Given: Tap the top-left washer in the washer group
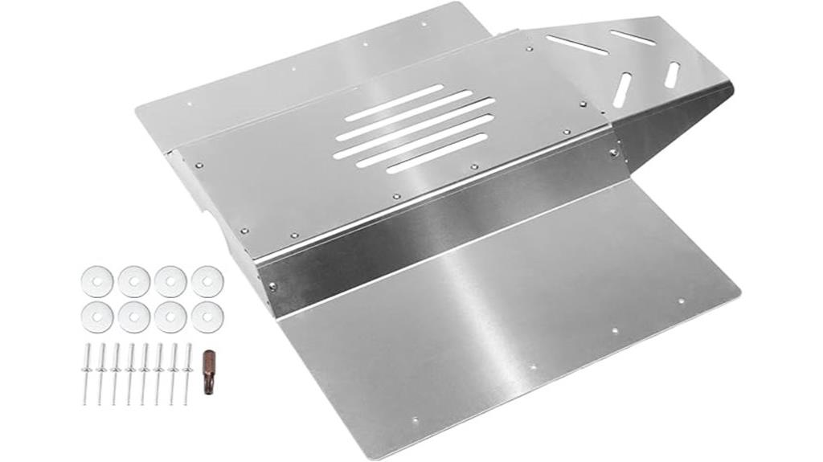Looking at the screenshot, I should (97, 282).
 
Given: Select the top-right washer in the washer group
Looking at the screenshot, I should (207, 282).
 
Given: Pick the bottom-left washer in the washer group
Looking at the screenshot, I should (97, 317).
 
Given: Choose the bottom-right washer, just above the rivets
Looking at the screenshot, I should (207, 317).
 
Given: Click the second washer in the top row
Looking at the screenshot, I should (134, 282).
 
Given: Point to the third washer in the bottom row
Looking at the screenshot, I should (170, 317).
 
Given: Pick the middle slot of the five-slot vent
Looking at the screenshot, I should (414, 127).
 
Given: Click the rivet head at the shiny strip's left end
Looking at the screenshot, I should (272, 285).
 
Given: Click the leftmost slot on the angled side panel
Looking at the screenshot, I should (578, 45).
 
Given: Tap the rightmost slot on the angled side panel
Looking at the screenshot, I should (672, 75).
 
